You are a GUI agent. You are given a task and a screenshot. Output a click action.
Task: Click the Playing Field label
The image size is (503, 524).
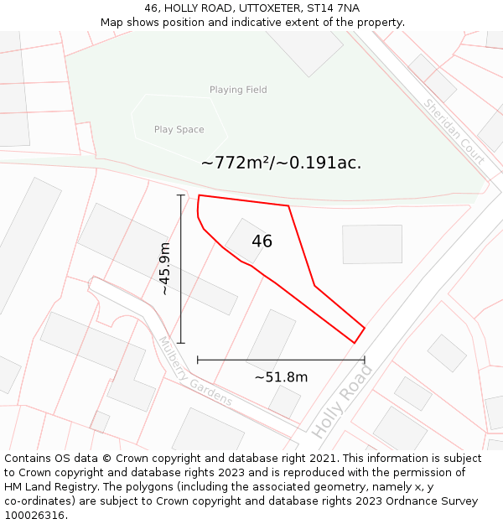[238, 90]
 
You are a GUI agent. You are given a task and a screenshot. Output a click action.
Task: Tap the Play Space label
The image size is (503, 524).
[179, 130]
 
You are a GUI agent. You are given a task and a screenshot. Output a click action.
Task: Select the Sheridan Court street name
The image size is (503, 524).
[454, 132]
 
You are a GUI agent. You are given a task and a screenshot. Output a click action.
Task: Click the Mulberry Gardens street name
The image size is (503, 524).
[195, 371]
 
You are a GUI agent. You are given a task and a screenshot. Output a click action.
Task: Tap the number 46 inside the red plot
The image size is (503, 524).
[262, 241]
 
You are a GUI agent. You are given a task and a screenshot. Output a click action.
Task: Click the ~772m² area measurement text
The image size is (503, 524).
[281, 163]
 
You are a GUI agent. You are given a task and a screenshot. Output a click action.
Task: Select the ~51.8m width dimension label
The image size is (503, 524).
[281, 377]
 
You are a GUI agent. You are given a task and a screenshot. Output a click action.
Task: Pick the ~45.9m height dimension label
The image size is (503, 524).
[165, 268]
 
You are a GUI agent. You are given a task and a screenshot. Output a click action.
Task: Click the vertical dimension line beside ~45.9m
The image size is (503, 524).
[181, 268]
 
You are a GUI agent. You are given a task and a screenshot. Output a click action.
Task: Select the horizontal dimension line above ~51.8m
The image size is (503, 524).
[281, 360]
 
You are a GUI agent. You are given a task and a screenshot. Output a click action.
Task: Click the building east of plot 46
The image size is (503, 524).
[371, 244]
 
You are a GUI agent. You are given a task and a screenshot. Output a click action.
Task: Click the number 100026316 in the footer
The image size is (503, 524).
[35, 515]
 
